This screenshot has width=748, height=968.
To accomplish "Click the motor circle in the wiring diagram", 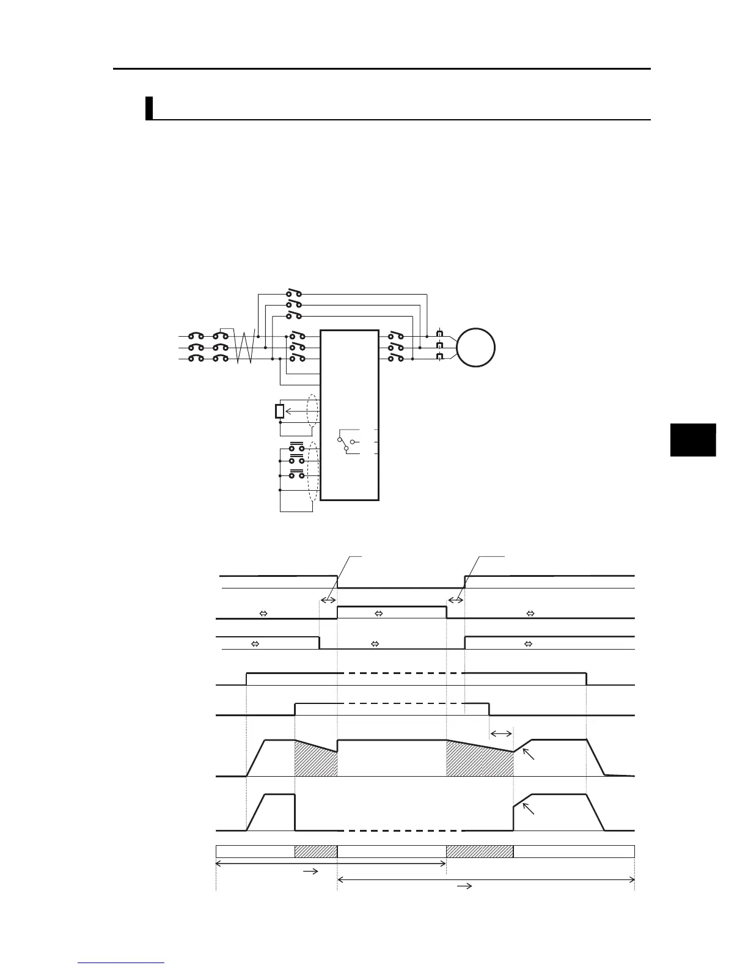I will click(475, 347).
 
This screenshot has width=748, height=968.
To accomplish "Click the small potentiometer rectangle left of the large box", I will click(280, 411).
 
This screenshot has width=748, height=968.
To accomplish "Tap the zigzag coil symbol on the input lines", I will click(245, 347).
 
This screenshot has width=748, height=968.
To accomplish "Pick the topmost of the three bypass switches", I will click(294, 294).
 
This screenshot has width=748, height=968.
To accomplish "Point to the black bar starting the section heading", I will click(148, 108).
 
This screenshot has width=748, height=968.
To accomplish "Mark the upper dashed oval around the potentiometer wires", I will click(312, 411).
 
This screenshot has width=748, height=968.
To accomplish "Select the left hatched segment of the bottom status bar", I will click(316, 851).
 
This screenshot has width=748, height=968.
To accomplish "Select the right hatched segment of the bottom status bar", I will click(480, 851).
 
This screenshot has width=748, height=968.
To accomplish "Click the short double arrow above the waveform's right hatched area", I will click(501, 733).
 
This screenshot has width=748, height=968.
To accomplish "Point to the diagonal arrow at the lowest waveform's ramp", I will click(529, 809).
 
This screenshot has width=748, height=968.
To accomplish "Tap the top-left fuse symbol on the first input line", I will click(196, 336).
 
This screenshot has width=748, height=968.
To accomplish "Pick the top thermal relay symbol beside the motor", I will click(439, 335).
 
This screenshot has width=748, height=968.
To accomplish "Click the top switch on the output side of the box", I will click(396, 336).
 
